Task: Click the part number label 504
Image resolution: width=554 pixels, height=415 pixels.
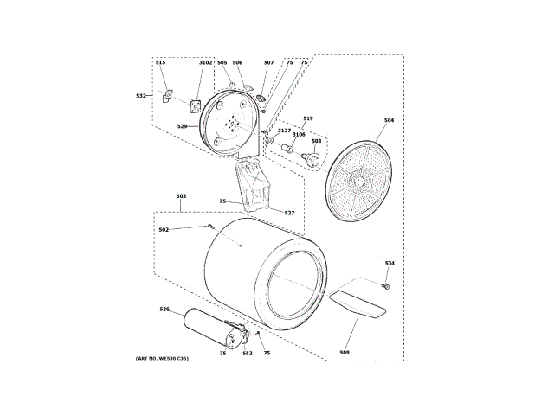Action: tap(389, 120)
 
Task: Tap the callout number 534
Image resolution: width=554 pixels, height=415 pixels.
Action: tap(390, 263)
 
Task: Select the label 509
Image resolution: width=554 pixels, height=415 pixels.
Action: tap(344, 352)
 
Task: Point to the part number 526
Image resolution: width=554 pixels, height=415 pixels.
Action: tap(164, 309)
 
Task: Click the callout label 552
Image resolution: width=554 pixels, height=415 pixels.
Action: tap(247, 353)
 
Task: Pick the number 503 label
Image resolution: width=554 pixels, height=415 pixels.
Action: tap(181, 197)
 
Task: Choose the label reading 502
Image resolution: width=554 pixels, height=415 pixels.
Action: tap(164, 229)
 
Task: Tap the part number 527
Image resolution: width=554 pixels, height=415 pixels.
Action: tap(289, 212)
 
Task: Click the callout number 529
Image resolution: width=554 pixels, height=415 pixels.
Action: tap(182, 126)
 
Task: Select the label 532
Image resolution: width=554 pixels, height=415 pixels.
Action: tap(140, 95)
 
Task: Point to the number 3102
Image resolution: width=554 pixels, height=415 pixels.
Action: tap(205, 62)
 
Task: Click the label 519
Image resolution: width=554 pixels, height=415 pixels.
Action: tap(307, 117)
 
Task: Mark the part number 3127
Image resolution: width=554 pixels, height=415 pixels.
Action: tap(284, 130)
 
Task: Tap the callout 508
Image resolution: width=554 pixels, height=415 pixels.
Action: tap(316, 141)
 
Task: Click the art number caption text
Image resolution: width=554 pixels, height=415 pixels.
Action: tap(162, 359)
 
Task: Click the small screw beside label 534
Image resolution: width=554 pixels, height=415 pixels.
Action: tap(386, 286)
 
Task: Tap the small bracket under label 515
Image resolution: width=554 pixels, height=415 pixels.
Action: tap(165, 97)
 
